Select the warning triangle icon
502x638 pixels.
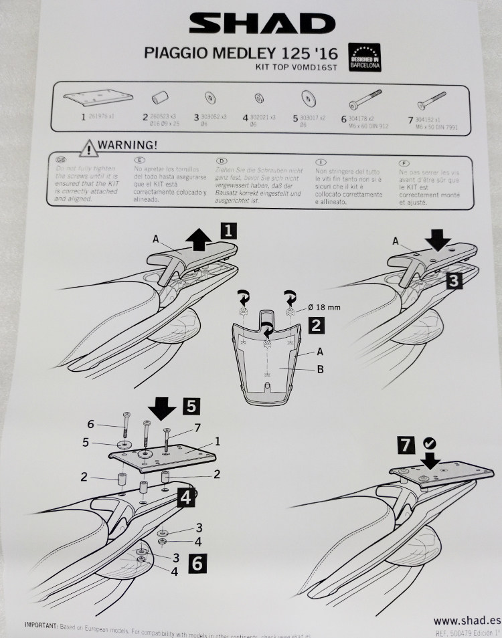tap(87, 146)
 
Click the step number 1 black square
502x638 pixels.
tap(228, 232)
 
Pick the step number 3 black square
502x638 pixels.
tap(453, 281)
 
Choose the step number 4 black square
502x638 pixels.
tap(185, 497)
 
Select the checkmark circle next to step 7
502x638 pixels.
tap(428, 443)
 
